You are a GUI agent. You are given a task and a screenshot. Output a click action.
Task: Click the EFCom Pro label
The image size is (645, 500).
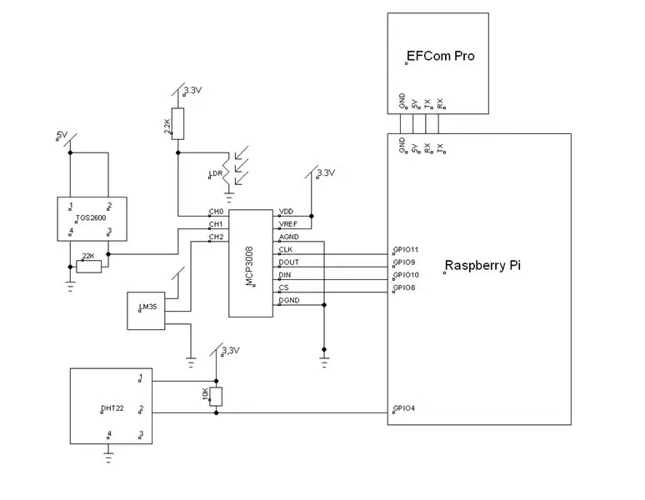tap(441, 56)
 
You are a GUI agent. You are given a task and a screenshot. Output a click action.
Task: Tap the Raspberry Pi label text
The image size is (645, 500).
tap(483, 265)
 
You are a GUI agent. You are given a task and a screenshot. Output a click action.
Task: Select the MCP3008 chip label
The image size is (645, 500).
tap(249, 266)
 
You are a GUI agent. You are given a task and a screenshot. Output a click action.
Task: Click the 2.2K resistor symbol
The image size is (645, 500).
tap(177, 124)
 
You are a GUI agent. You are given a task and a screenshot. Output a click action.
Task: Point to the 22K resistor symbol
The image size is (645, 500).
tap(89, 267)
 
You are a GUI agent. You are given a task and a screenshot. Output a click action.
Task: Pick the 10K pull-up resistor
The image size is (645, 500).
tap(216, 397)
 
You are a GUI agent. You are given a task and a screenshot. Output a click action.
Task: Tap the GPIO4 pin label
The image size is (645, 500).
tap(404, 408)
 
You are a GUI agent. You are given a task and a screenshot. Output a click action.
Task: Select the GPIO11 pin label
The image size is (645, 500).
tap(406, 249)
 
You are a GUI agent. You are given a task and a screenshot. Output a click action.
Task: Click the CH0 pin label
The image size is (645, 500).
tap(216, 212)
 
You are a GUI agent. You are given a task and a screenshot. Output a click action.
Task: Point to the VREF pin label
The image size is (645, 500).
tap(288, 224)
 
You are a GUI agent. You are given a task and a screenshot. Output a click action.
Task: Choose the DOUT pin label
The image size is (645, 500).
tap(289, 262)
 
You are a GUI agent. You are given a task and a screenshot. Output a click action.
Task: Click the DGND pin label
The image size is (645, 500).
tap(289, 300)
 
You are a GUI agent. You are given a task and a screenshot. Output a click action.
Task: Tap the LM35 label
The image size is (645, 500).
tap(148, 307)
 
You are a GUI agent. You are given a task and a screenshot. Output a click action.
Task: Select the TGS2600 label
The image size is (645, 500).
tap(91, 218)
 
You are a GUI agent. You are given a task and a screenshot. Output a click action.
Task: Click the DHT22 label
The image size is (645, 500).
tap(112, 408)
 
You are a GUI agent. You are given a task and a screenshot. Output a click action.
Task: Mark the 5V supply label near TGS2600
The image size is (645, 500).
tap(62, 134)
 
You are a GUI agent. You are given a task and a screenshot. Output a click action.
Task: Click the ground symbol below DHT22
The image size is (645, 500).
tap(108, 457)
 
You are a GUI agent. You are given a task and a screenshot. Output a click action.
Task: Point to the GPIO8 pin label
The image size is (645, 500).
tap(404, 287)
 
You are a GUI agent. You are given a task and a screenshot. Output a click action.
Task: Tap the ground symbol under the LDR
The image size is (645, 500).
tap(229, 197)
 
